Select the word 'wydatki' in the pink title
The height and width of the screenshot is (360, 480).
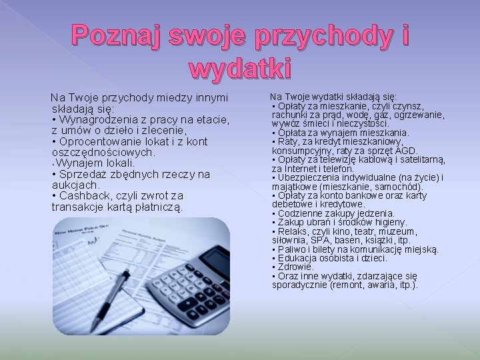tap(240, 67)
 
